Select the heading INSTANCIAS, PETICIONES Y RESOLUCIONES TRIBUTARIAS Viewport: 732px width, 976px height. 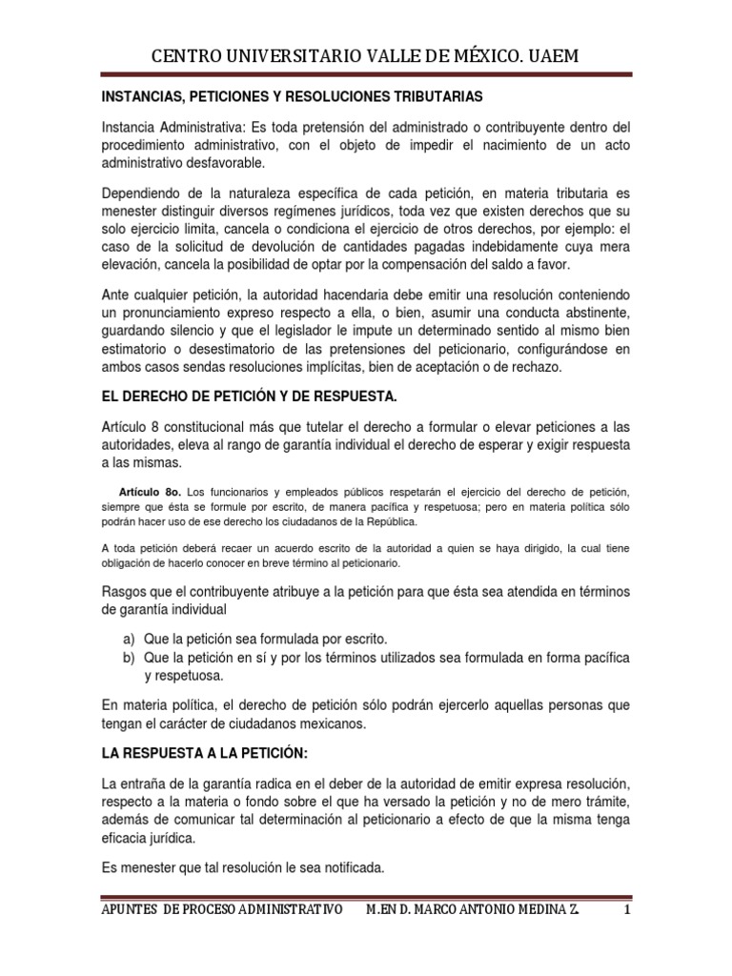(293, 97)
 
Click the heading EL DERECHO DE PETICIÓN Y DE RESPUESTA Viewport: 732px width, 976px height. (250, 395)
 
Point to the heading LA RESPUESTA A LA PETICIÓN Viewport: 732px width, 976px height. (205, 754)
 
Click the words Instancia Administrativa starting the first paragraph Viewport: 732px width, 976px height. (173, 127)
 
